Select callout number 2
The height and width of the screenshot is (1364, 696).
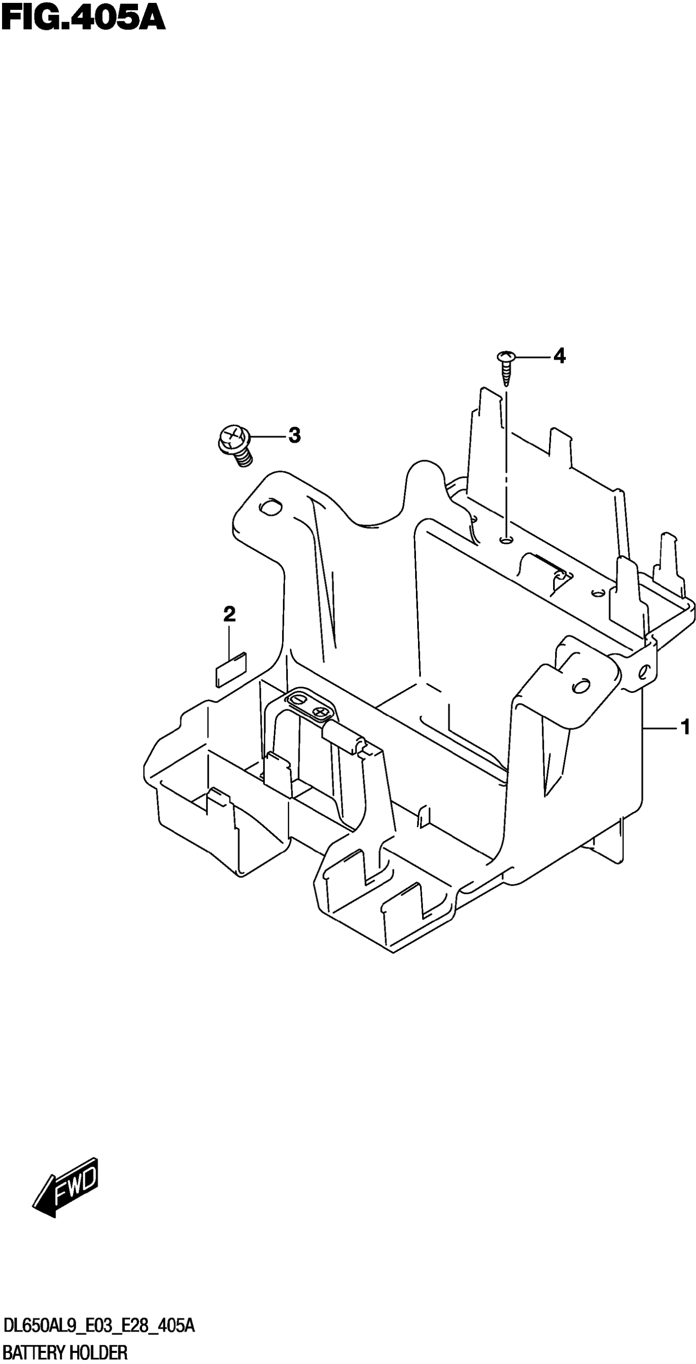point(229,614)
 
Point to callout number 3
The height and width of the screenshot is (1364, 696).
point(294,436)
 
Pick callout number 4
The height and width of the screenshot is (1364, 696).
point(559,356)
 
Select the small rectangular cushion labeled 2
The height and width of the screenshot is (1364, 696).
point(231,669)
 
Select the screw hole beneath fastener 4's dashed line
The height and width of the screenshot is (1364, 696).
point(506,540)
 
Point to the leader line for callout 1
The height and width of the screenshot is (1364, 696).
point(660,729)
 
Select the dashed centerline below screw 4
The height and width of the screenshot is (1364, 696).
point(506,461)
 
